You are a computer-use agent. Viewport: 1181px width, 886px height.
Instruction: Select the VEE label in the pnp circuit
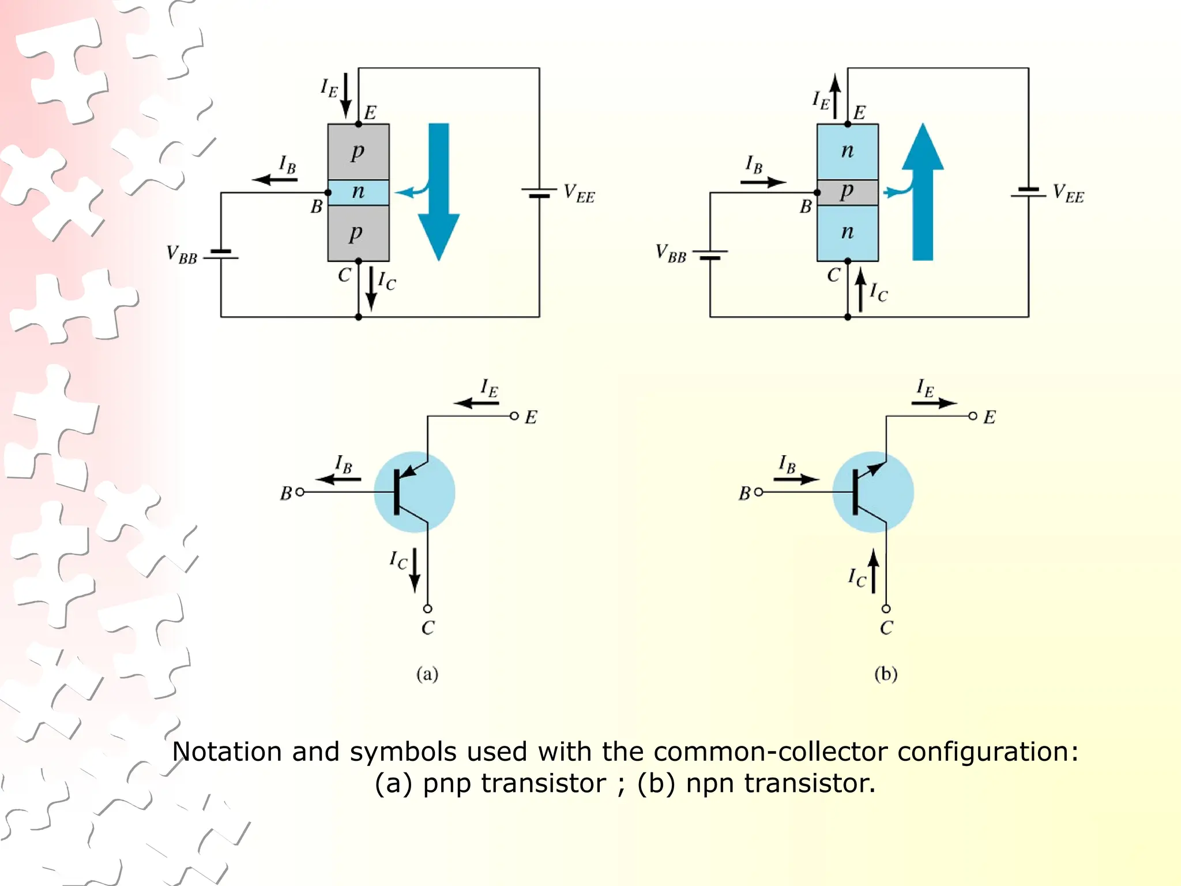(578, 193)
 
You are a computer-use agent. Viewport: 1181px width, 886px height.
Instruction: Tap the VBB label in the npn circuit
(671, 253)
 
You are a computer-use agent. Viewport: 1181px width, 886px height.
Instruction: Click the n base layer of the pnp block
(358, 192)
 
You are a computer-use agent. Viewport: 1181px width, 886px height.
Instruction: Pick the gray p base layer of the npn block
(847, 192)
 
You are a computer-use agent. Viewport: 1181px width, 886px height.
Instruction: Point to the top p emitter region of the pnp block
(358, 152)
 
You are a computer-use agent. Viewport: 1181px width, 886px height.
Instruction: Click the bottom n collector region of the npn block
(847, 232)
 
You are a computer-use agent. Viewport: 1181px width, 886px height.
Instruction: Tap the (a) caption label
(427, 674)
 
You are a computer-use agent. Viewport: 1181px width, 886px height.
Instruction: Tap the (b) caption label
(886, 674)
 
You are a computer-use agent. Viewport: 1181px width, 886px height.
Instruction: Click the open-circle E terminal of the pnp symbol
(514, 416)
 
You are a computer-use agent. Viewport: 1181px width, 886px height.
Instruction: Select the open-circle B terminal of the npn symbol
(758, 492)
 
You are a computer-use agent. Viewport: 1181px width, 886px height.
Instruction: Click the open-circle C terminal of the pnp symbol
(427, 609)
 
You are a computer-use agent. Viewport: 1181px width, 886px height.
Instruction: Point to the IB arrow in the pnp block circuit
(275, 179)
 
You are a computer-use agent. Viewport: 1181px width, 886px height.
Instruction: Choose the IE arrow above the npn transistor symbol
(934, 403)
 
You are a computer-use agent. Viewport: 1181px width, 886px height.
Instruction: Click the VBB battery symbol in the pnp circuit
(221, 254)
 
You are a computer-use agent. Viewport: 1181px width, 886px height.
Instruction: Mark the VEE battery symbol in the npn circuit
(1028, 192)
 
